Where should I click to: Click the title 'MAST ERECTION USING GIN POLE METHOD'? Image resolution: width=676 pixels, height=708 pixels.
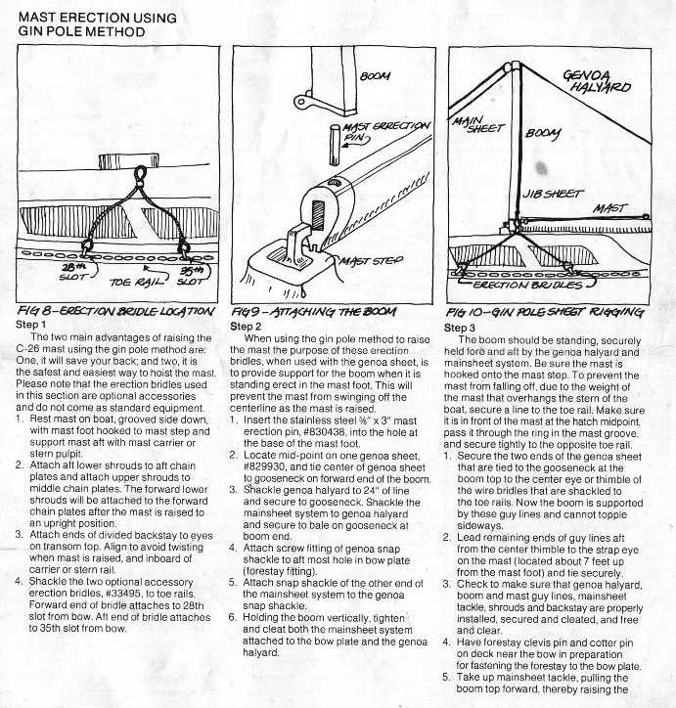[98, 23]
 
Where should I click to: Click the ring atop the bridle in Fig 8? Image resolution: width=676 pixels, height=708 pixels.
[140, 175]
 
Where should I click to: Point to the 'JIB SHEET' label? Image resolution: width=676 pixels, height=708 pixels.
[548, 195]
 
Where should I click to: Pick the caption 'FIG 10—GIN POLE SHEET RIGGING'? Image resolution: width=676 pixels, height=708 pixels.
[558, 312]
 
